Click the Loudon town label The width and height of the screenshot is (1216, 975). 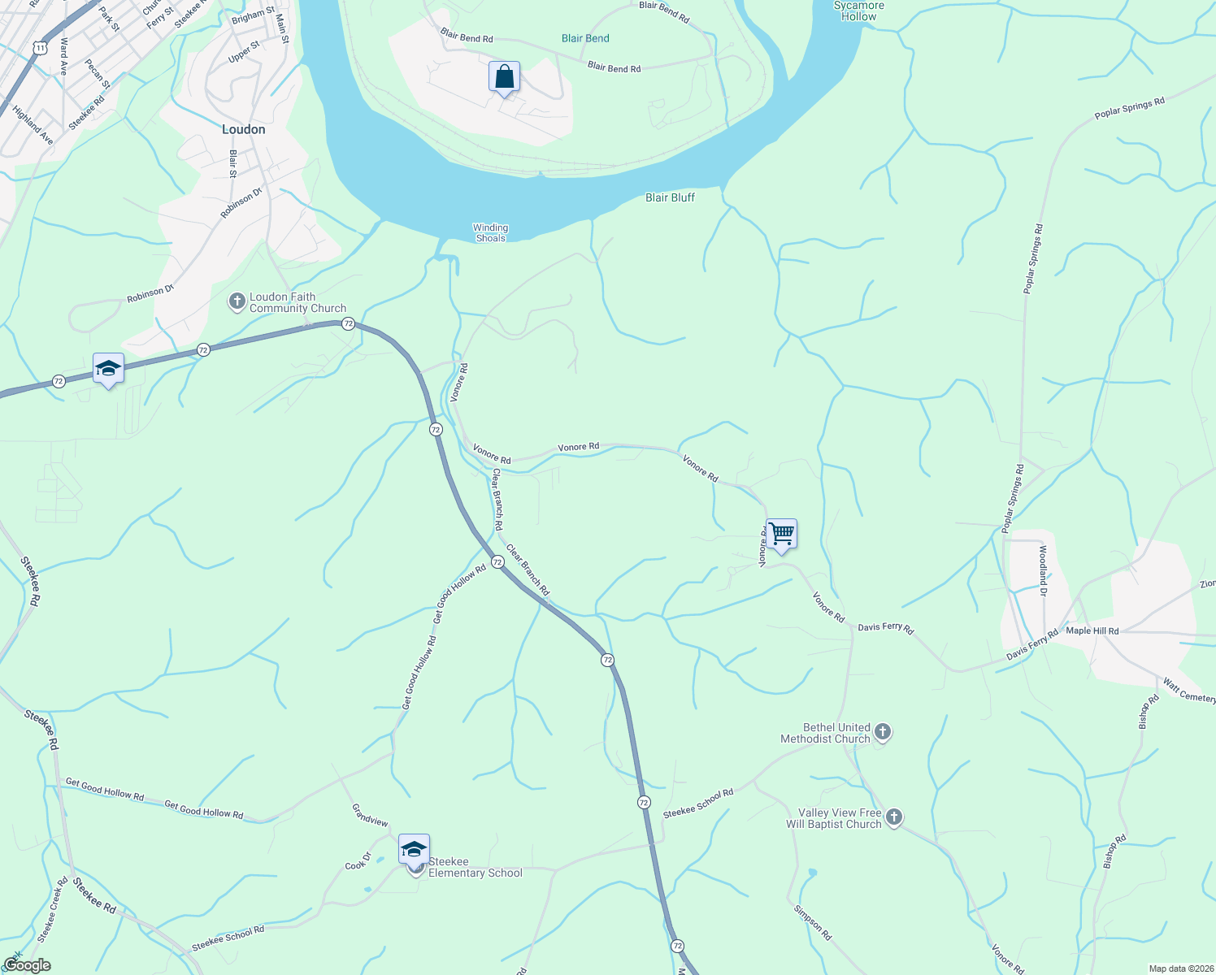tap(243, 129)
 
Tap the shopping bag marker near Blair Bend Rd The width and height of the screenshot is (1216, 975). tap(504, 78)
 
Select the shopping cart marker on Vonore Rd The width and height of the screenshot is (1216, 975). tap(781, 535)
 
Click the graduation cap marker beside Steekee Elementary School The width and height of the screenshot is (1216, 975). tap(414, 850)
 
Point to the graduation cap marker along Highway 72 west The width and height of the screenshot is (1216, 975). tap(108, 370)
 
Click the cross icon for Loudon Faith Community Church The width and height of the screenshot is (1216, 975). tap(237, 302)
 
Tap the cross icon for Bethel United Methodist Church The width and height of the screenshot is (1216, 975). tap(883, 733)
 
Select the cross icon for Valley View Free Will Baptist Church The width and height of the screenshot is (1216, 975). tap(894, 817)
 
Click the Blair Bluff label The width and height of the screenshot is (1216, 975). tap(670, 197)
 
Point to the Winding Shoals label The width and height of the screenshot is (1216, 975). tap(490, 232)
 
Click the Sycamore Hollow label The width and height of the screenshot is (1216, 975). tap(858, 11)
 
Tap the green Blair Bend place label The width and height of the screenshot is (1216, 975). tap(585, 38)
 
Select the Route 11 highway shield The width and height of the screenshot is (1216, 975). tap(40, 48)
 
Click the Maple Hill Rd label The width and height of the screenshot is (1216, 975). tap(1092, 630)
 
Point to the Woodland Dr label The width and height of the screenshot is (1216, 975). tap(1043, 570)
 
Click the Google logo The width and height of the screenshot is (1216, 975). tap(27, 965)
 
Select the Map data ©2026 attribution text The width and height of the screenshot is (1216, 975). tap(1179, 968)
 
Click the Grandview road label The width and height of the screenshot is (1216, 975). tap(370, 815)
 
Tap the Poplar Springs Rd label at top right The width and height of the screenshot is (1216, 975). tap(1129, 108)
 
